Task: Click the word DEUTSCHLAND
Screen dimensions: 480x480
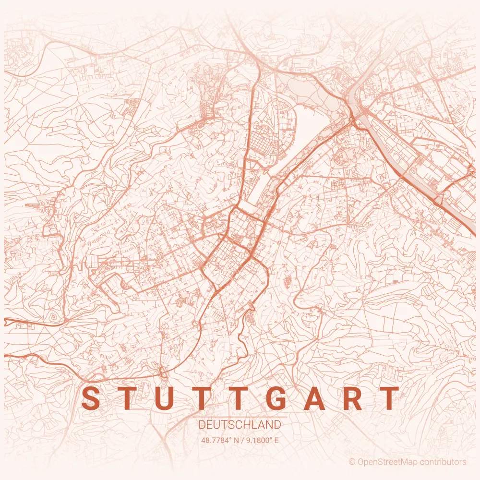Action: [x=240, y=425]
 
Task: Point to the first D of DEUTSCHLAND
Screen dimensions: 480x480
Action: [x=202, y=425]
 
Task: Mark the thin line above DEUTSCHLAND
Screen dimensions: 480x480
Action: [x=240, y=417]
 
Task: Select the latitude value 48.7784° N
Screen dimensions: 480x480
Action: [x=219, y=440]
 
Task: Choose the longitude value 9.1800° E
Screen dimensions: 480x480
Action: [x=262, y=440]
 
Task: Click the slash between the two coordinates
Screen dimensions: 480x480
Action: [x=242, y=440]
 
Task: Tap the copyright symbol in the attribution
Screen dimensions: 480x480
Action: [x=352, y=462]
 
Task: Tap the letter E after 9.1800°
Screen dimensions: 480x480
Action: [x=276, y=440]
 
